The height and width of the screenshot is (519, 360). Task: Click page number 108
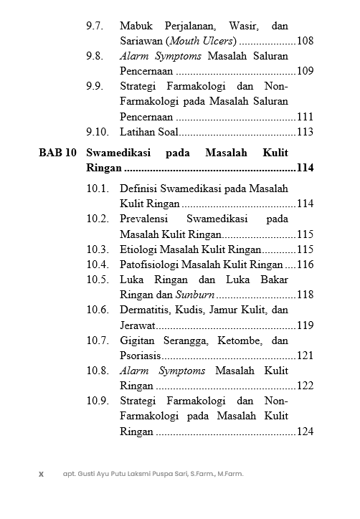pyautogui.click(x=305, y=41)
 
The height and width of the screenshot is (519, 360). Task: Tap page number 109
pyautogui.click(x=305, y=71)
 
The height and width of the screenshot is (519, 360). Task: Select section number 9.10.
pyautogui.click(x=97, y=132)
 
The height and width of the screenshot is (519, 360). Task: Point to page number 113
pyautogui.click(x=305, y=132)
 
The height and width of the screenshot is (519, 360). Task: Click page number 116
pyautogui.click(x=305, y=265)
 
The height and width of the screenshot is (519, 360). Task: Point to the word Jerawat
pyautogui.click(x=138, y=325)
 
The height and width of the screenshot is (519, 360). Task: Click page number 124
pyautogui.click(x=305, y=432)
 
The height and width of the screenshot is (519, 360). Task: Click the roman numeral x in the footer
pyautogui.click(x=41, y=474)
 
